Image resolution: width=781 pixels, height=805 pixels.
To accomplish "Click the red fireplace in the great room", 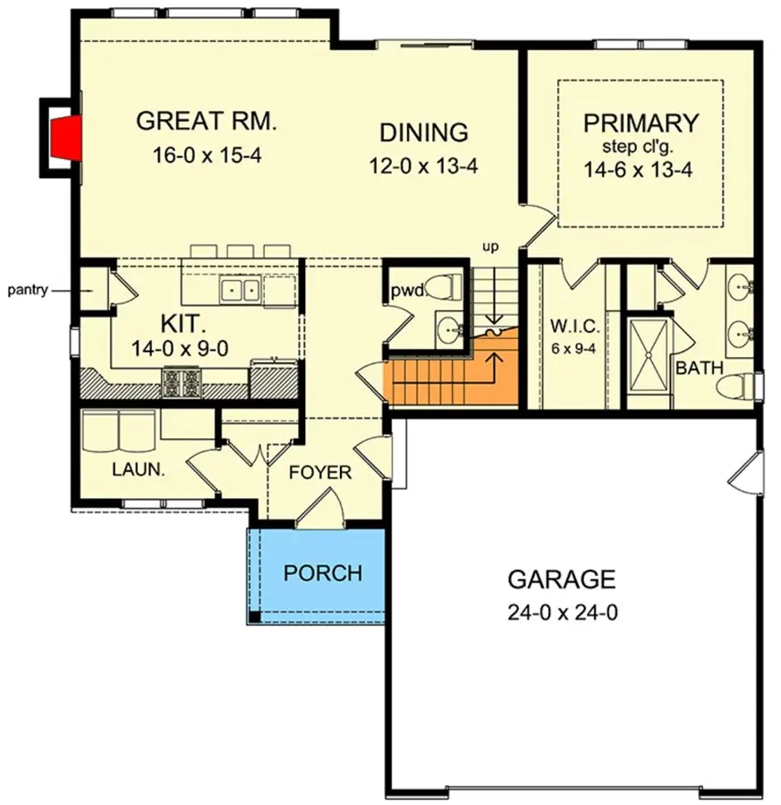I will [62, 137].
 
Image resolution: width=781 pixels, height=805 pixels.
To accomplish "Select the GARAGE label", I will [561, 580].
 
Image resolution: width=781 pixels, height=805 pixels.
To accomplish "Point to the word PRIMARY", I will [640, 123].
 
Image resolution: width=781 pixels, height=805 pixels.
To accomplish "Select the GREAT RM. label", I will [207, 121].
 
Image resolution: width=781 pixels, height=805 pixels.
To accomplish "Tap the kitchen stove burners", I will [183, 383].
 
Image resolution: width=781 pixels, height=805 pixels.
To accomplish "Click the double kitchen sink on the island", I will [241, 289].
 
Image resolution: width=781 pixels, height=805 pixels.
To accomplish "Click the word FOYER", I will [320, 472].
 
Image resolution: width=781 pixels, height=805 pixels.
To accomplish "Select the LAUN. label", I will [137, 468].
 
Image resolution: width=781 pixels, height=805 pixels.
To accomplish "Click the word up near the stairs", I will [490, 245].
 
